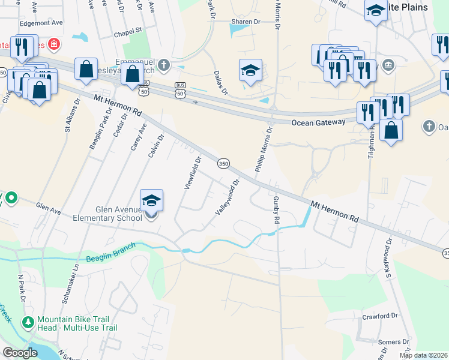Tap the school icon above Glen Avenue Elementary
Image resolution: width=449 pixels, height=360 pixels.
click(152, 200)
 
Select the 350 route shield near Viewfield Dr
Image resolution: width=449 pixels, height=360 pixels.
click(223, 163)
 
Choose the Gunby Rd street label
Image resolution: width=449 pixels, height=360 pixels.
click(276, 209)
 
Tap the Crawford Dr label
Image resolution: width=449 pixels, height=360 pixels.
click(380, 316)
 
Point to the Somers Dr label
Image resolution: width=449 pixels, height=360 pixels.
click(394, 341)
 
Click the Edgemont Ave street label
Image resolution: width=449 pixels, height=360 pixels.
click(41, 22)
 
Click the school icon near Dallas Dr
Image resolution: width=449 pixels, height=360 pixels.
click(250, 70)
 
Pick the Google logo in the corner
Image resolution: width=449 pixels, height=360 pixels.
click(20, 353)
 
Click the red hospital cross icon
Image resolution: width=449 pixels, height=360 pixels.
click(54, 44)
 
